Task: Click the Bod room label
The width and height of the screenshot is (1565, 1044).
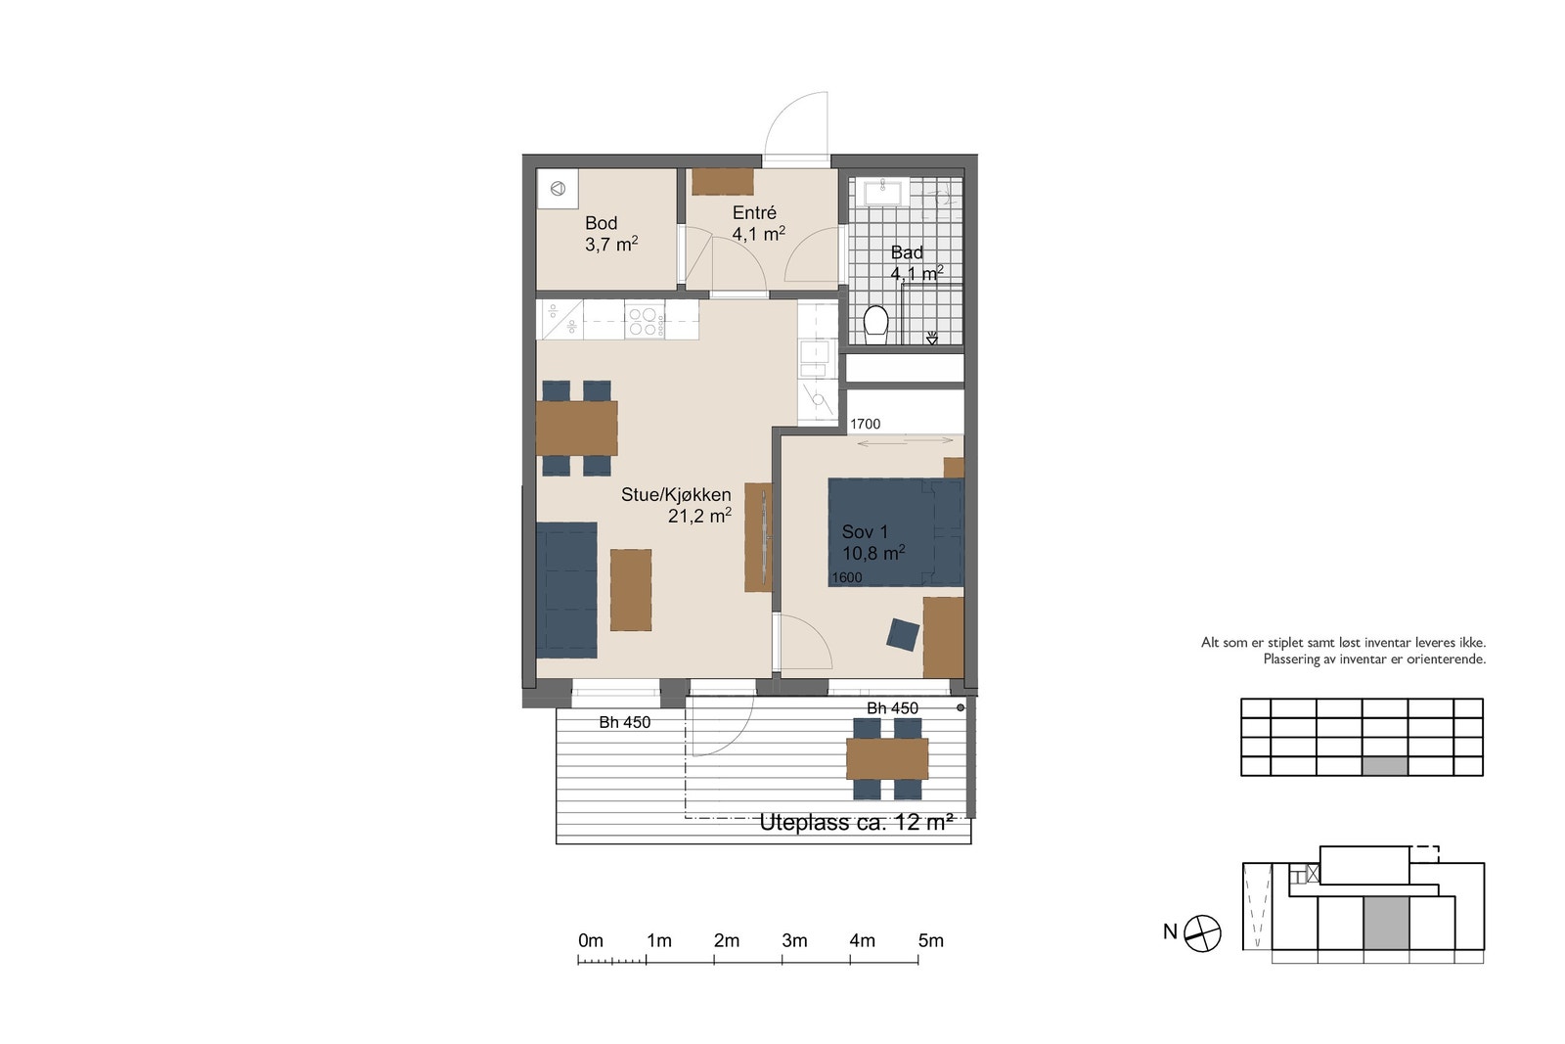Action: click(601, 223)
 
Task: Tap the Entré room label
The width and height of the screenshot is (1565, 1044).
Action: click(754, 212)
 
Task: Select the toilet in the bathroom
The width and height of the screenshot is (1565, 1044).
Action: click(875, 325)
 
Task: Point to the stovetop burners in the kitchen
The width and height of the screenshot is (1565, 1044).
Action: click(645, 322)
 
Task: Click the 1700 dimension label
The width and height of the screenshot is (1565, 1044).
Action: click(865, 425)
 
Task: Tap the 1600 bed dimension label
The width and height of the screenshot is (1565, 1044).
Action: click(847, 577)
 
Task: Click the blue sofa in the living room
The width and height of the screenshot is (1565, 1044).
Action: click(566, 590)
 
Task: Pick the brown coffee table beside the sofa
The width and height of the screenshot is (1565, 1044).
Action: click(631, 590)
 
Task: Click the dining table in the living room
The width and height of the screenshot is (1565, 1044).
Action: click(577, 428)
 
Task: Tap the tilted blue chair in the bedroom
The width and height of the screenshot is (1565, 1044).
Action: click(903, 634)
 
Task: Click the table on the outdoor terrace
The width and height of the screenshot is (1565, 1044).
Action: click(887, 759)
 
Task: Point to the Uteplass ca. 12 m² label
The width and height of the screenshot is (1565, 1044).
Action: click(857, 823)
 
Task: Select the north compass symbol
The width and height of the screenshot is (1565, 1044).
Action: click(1203, 933)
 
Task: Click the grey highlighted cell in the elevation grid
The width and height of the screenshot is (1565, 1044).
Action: click(1385, 766)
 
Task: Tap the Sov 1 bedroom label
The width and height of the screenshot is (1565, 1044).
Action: click(865, 531)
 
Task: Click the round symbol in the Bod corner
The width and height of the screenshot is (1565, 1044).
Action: click(558, 188)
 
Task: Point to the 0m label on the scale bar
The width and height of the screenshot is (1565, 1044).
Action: click(591, 940)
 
